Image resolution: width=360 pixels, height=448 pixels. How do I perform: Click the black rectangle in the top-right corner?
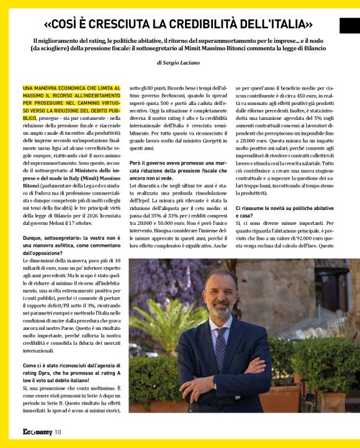tap(349, 25)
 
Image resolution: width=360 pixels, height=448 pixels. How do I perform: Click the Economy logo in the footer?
tap(37, 432)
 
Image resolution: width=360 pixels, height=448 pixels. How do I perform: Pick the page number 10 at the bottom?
tap(58, 432)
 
